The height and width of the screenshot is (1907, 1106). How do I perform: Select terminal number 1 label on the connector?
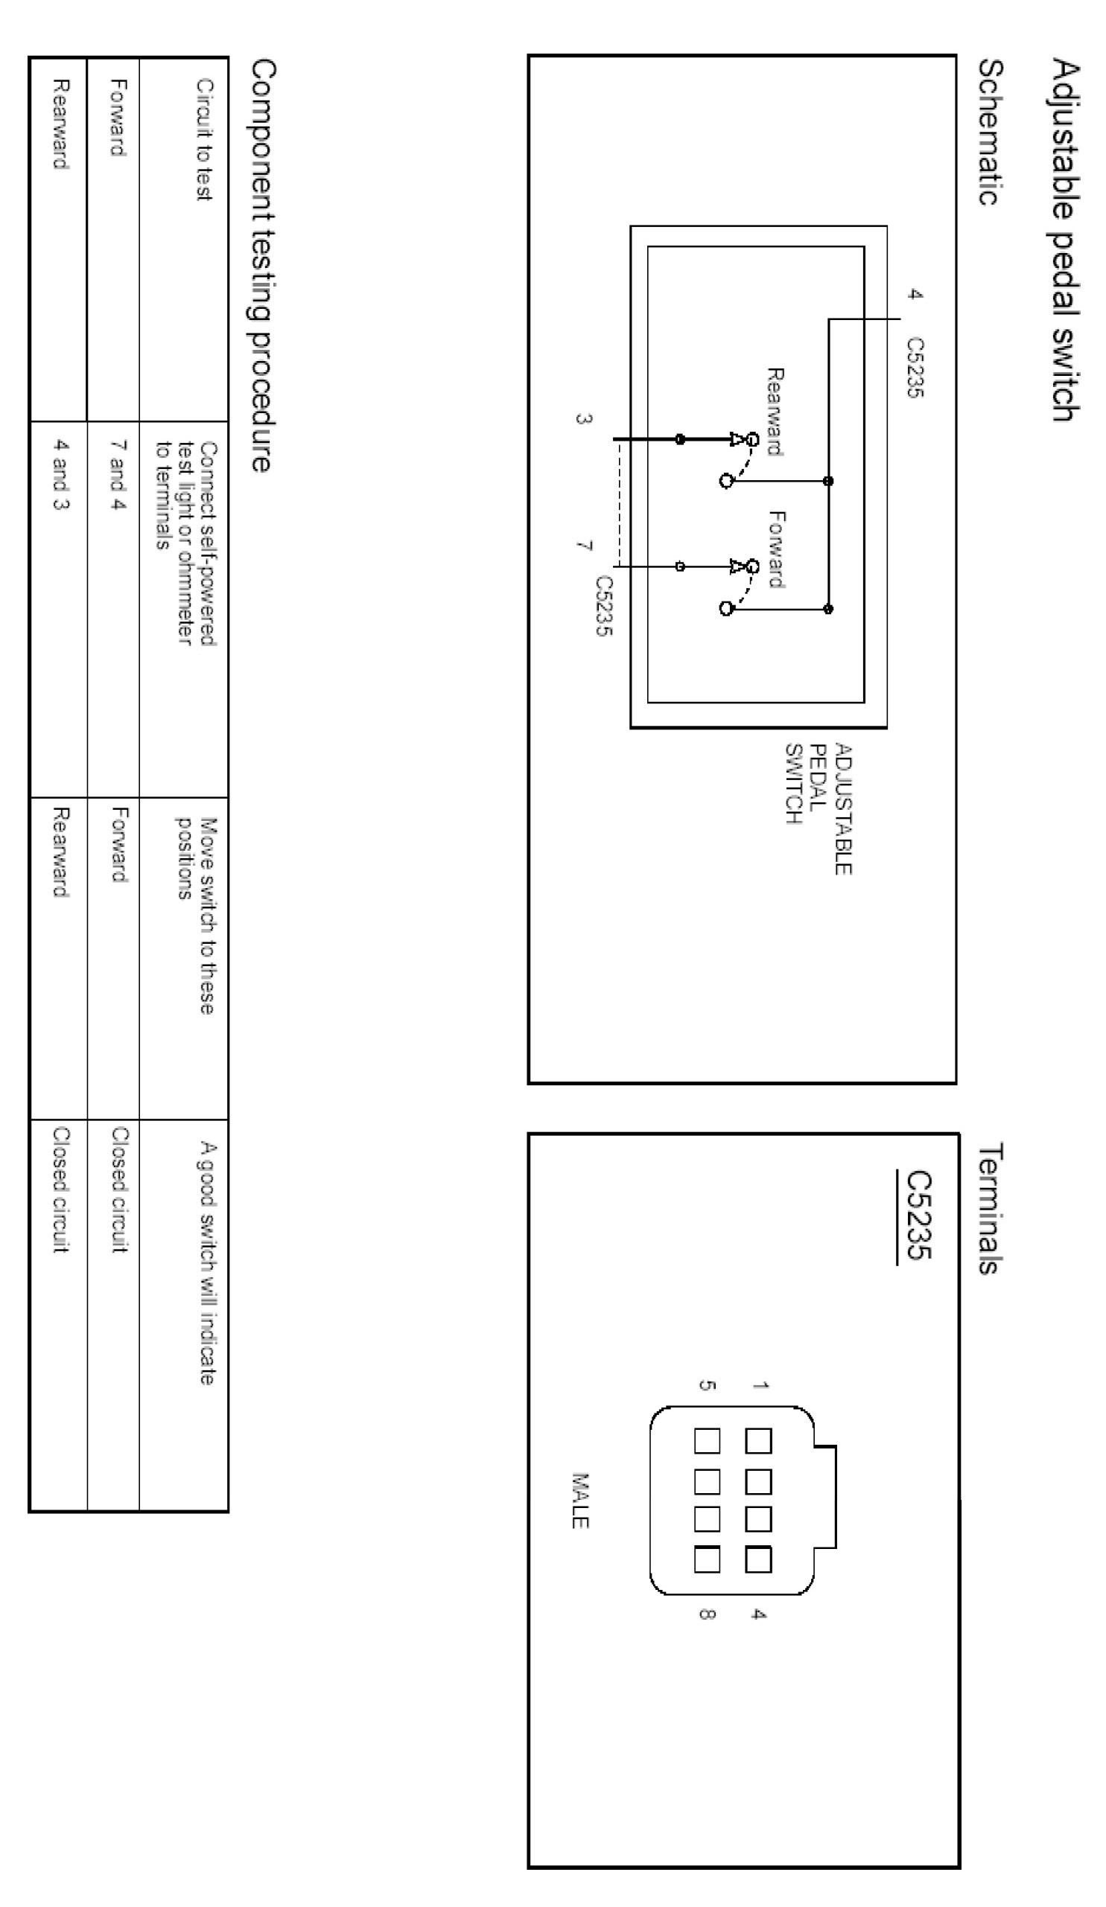(x=759, y=1384)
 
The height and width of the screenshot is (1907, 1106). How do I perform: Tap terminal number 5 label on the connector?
(x=705, y=1384)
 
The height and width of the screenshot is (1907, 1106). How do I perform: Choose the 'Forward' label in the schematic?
(x=776, y=549)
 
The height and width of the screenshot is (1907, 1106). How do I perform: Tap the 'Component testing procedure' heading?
(x=262, y=266)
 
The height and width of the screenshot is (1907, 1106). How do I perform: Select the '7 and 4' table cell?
(x=118, y=475)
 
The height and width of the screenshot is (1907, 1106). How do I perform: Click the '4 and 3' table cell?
(x=60, y=475)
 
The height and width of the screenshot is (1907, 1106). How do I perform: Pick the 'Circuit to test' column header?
(x=203, y=140)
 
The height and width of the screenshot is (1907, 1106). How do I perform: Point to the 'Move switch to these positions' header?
(x=196, y=915)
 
